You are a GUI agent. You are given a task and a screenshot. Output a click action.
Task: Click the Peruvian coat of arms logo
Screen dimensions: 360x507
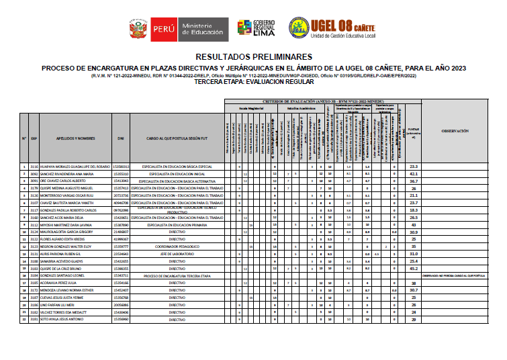pyautogui.click(x=136, y=29)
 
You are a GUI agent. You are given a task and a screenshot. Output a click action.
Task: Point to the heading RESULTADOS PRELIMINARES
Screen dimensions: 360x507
pyautogui.click(x=253, y=58)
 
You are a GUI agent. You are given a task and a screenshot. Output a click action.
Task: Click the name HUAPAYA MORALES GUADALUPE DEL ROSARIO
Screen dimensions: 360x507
pyautogui.click(x=70, y=166)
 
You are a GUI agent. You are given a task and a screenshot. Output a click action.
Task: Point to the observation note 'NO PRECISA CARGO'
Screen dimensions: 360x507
pyautogui.click(x=463, y=275)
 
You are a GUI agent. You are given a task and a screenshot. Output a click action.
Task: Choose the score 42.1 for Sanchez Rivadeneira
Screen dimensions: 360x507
pyautogui.click(x=414, y=173)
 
